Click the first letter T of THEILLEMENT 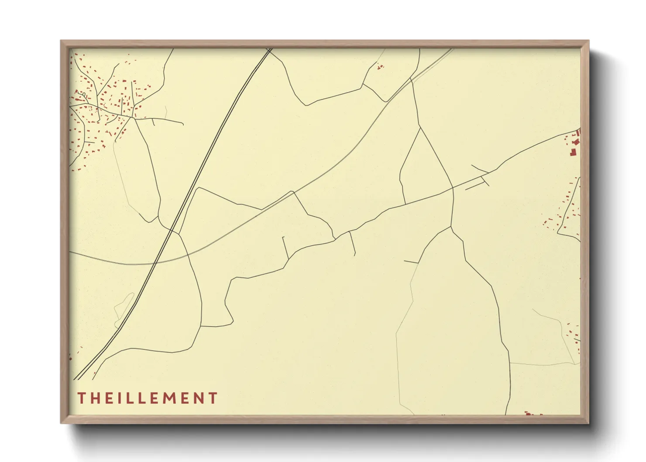pos(82,398)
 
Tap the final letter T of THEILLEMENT pos(213,398)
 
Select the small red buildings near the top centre pos(380,67)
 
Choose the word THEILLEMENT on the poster pos(148,398)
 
